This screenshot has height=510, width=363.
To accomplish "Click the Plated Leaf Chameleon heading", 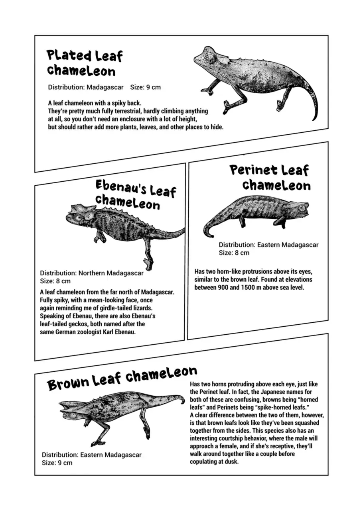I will click(x=85, y=63).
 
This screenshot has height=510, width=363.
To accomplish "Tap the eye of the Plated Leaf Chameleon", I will click(x=210, y=60).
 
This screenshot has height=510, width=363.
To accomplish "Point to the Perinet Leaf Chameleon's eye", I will click(x=302, y=208).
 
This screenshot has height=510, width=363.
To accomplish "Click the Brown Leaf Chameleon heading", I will click(x=122, y=379).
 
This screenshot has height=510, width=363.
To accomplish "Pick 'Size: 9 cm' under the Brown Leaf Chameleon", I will click(x=57, y=463).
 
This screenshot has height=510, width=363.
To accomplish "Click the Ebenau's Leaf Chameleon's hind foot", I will click(x=149, y=263).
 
